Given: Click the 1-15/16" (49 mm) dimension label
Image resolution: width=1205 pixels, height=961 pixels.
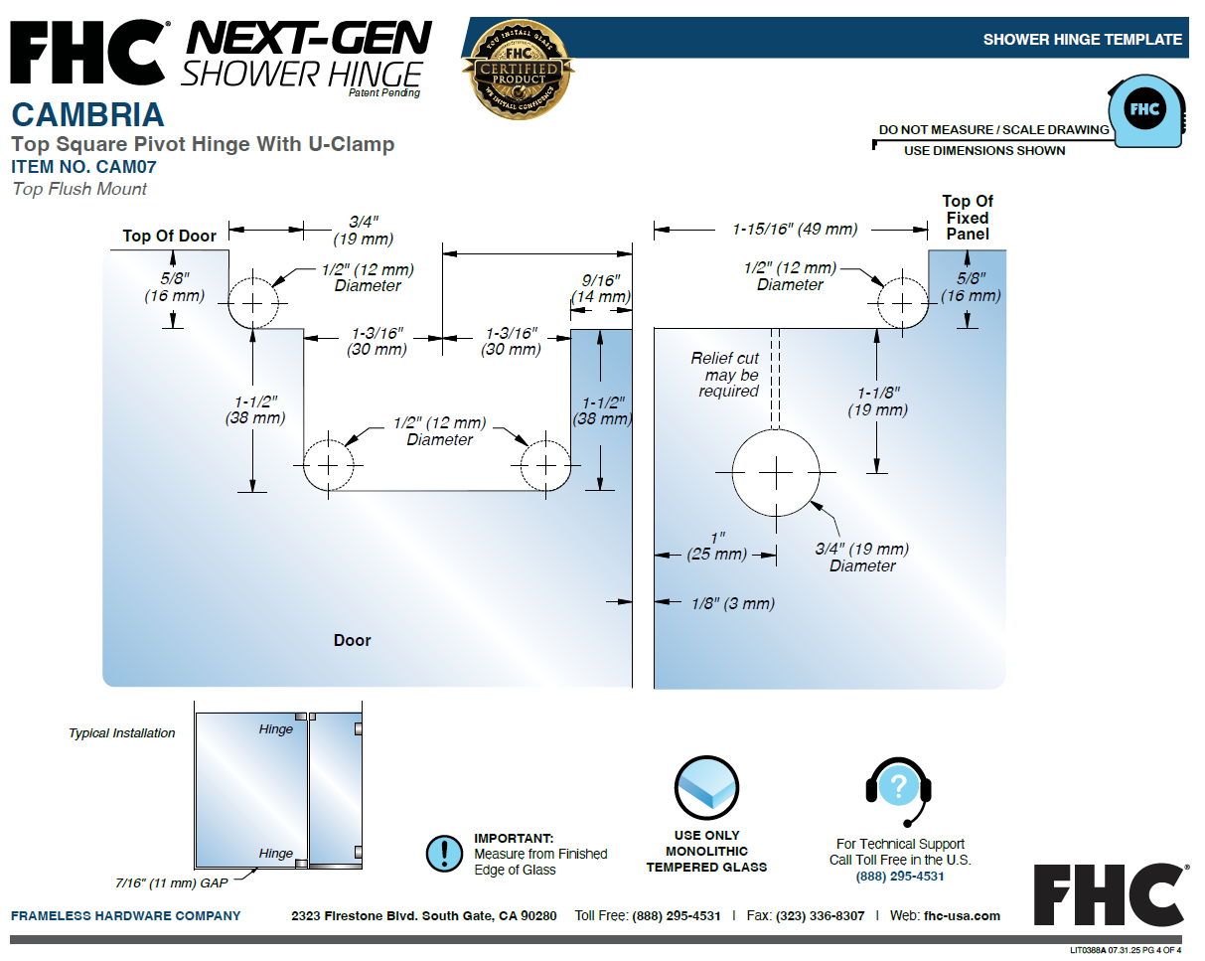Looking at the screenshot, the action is [x=795, y=230].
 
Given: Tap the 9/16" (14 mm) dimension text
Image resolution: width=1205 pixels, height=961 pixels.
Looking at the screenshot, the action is [x=601, y=288].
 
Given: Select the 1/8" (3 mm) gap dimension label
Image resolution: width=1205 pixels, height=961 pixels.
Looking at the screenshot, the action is [x=733, y=603].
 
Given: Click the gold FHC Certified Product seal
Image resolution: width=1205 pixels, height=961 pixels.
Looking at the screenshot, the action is [x=519, y=70].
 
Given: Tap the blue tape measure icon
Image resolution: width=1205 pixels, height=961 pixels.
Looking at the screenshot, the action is [x=1146, y=111].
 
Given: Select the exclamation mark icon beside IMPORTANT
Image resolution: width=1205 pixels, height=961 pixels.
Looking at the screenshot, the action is [x=444, y=854].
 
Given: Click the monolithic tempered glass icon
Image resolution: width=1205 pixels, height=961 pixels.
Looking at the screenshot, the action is [x=706, y=788].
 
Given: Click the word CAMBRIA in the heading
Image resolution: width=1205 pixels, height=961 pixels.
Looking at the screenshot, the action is [x=87, y=115].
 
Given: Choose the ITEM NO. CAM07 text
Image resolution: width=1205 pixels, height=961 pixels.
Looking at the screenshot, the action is [x=84, y=167].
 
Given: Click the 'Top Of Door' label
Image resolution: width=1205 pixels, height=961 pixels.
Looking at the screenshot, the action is [x=169, y=236].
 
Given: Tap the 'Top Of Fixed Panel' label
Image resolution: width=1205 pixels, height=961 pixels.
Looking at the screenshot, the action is [x=967, y=218].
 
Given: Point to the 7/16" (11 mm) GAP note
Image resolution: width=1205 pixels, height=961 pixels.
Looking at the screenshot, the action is [x=171, y=883].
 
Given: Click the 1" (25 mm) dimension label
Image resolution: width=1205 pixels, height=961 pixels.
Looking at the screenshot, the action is [x=716, y=547].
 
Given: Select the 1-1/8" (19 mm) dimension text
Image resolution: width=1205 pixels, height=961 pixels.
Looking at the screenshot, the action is [x=877, y=401].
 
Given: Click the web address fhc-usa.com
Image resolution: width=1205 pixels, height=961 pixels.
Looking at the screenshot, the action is [x=962, y=915].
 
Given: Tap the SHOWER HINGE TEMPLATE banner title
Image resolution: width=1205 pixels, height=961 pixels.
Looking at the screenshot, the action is [x=1083, y=39].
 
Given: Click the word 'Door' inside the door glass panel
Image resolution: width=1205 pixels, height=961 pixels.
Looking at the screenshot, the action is [x=353, y=640].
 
